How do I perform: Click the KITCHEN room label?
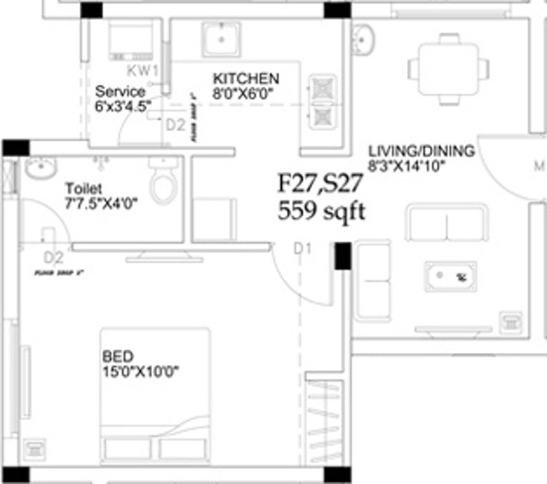pos(246,79)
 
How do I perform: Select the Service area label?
pos(120,91)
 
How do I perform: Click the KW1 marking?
pos(143,71)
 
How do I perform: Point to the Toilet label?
pos(83,188)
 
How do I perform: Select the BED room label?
pos(118,356)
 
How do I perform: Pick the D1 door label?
pos(301,249)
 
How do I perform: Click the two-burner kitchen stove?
pos(324,101)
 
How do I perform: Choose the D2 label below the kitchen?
pos(175,125)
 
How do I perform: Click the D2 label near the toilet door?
pos(53,258)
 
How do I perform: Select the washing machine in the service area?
pos(132,38)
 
